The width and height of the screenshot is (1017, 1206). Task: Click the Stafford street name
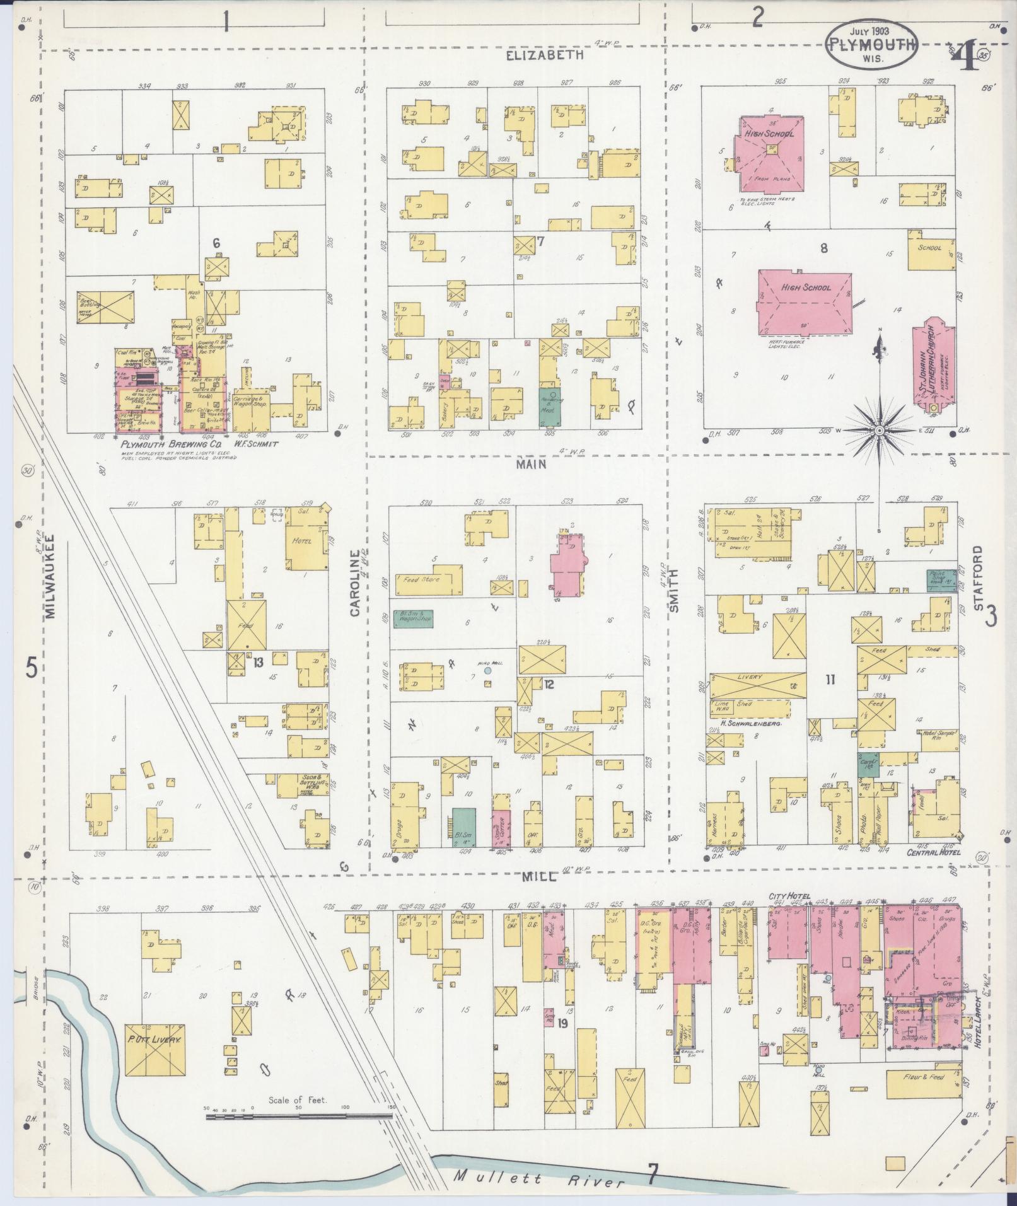(978, 578)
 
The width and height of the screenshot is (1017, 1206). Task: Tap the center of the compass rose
(879, 430)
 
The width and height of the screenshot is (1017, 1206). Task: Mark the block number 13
(258, 662)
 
